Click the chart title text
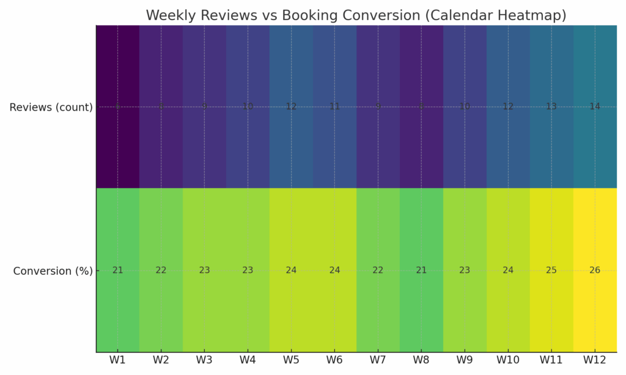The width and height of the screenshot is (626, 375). click(x=356, y=15)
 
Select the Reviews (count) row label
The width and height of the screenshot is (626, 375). click(x=51, y=107)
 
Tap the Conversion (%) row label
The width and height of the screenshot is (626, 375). click(x=53, y=271)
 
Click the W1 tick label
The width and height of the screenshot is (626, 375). click(x=117, y=360)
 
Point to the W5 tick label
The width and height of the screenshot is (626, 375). click(x=291, y=360)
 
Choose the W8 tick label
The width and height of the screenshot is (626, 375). click(x=421, y=360)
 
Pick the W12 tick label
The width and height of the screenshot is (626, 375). click(x=595, y=360)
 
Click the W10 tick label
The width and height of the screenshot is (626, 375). click(x=508, y=360)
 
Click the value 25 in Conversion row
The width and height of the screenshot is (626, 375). click(x=551, y=271)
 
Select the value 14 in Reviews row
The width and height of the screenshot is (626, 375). click(x=595, y=107)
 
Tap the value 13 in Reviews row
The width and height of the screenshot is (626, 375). click(x=551, y=107)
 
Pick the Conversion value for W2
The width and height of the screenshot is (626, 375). click(x=161, y=271)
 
